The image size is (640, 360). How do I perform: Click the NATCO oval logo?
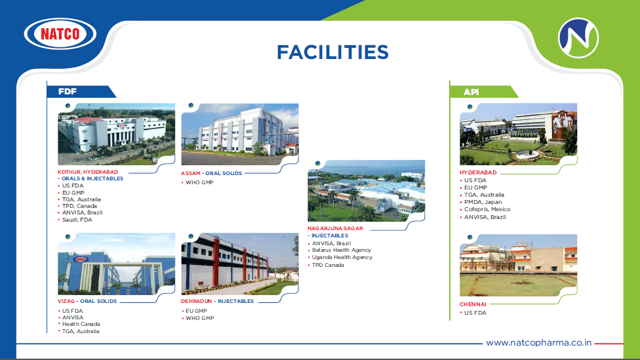[60, 33]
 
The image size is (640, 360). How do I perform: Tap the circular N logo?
[578, 37]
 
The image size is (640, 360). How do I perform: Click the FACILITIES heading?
[332, 52]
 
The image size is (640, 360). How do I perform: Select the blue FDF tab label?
[68, 91]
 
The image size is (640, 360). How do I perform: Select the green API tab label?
[471, 92]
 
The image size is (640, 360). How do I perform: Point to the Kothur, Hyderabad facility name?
[88, 172]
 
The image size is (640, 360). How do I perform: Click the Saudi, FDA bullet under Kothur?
[77, 220]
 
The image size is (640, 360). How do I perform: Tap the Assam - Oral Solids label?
[211, 173]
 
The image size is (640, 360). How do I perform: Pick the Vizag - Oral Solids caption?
[87, 301]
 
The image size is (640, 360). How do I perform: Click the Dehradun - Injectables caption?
[217, 301]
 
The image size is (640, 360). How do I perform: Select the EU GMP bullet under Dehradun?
[196, 311]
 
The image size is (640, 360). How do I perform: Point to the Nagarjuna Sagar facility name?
[335, 228]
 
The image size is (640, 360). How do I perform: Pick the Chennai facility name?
[473, 304]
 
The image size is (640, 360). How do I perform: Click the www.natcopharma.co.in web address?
[539, 343]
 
